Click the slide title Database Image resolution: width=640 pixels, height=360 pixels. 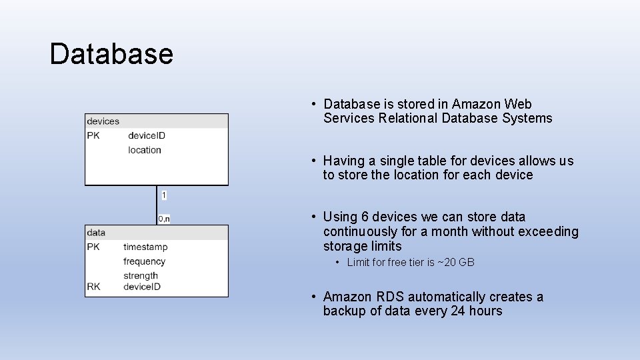[111, 54]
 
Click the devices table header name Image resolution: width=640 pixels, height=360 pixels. [103, 121]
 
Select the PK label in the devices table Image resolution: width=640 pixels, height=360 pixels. [93, 135]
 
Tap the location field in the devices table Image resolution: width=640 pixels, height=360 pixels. [145, 150]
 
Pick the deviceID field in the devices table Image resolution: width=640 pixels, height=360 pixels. [147, 135]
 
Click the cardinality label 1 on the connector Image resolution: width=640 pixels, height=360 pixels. [164, 195]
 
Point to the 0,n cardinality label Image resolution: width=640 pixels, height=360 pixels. [164, 218]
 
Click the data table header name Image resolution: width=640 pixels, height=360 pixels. [96, 233]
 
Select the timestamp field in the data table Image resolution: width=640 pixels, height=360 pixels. [145, 247]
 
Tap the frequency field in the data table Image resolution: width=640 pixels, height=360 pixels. [144, 261]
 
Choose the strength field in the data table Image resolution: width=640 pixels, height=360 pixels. [141, 275]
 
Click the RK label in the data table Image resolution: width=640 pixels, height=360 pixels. [93, 287]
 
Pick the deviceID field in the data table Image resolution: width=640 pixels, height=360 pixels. [142, 287]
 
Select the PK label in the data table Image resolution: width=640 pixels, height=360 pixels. [93, 247]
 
